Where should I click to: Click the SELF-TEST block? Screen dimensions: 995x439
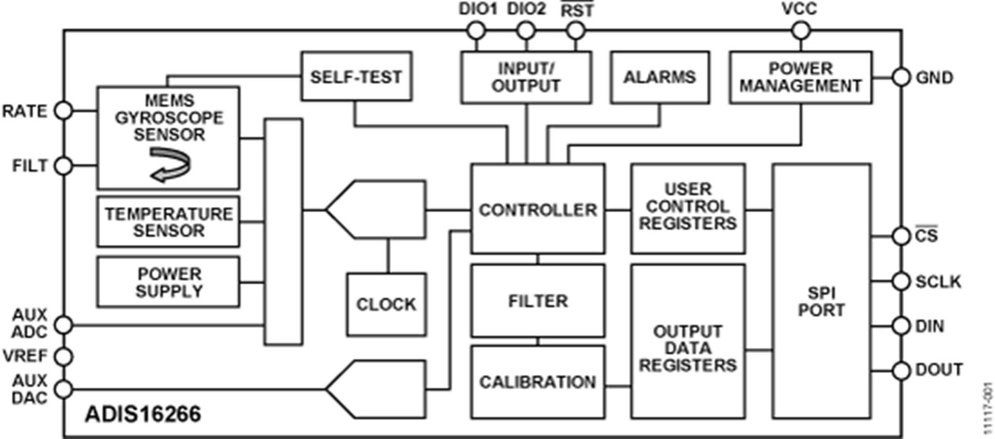(356, 77)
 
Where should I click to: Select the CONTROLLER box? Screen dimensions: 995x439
(538, 209)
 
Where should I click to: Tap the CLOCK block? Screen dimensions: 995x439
(386, 304)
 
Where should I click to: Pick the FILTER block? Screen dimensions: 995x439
(538, 300)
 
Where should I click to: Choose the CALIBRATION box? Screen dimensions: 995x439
(538, 382)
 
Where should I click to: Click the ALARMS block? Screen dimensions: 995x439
(660, 77)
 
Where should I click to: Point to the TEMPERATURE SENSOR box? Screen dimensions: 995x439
(168, 222)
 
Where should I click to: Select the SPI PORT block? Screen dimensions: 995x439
(821, 291)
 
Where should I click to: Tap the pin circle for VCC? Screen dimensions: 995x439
(800, 31)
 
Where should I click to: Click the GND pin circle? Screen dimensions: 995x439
(901, 77)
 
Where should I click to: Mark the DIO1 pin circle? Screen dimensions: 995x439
(476, 31)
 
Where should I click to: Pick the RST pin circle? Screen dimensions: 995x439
(576, 31)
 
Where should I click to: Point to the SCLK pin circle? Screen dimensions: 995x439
(901, 281)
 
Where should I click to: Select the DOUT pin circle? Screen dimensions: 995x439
(901, 371)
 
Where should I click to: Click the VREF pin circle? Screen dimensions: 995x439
(63, 357)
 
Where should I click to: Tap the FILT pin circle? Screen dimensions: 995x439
(63, 166)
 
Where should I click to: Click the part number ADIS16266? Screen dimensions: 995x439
(143, 414)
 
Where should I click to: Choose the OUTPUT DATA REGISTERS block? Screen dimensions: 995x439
(688, 341)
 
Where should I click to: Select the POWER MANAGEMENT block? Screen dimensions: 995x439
(800, 77)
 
